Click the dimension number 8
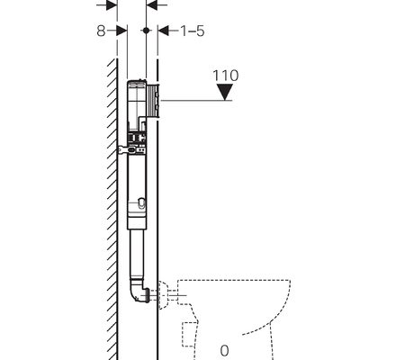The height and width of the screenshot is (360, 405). (x=101, y=31)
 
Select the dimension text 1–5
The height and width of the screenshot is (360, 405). (x=193, y=31)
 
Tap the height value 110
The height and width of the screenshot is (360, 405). (x=226, y=76)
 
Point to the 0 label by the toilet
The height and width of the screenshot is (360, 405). (x=224, y=350)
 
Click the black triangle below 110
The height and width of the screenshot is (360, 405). (x=225, y=92)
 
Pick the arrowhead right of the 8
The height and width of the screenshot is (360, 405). (x=121, y=31)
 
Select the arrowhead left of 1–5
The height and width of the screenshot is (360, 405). (x=164, y=31)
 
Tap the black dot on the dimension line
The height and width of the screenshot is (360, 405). (x=146, y=31)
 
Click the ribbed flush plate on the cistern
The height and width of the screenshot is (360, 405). (x=153, y=101)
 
